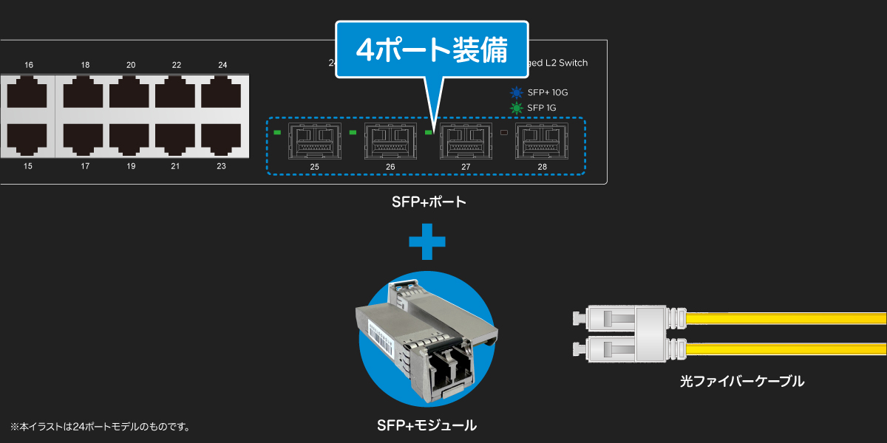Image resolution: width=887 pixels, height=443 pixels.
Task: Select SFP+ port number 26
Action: [390, 141]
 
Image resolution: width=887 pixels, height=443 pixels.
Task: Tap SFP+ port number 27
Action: [466, 141]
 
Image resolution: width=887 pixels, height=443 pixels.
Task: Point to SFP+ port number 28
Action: [542, 141]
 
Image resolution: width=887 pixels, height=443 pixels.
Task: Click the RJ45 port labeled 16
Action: [28, 95]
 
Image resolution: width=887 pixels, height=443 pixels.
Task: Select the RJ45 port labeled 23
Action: [222, 138]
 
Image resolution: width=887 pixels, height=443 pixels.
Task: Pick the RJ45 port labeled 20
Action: [131, 95]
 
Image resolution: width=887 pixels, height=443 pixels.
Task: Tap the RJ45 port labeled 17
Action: [84, 138]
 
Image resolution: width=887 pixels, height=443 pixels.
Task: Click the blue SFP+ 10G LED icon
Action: [517, 92]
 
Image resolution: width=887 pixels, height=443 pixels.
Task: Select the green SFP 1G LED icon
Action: [517, 108]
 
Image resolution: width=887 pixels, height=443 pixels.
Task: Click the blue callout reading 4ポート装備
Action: [432, 50]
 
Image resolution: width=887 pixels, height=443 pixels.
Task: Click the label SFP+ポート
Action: [429, 202]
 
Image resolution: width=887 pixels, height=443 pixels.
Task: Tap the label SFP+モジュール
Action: [426, 425]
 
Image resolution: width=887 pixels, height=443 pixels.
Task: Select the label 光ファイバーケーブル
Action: [741, 381]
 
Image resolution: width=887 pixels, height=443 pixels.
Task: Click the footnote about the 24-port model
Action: [101, 427]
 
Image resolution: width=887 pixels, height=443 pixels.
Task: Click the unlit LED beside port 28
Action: [504, 133]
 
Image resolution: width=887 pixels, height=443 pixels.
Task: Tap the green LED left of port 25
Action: [277, 133]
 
